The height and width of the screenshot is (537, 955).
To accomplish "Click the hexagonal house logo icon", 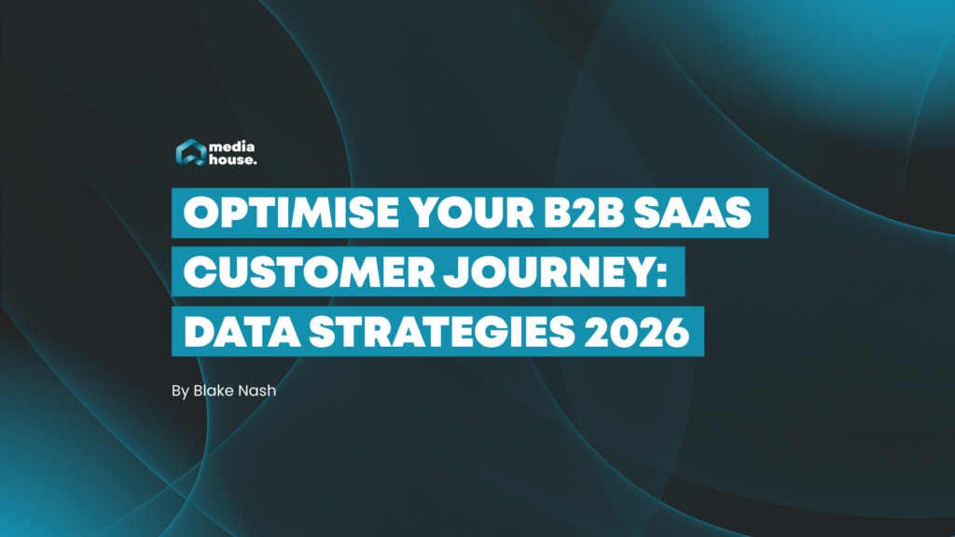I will point(191,153).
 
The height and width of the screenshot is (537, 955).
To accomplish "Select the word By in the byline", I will point(180,391).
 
